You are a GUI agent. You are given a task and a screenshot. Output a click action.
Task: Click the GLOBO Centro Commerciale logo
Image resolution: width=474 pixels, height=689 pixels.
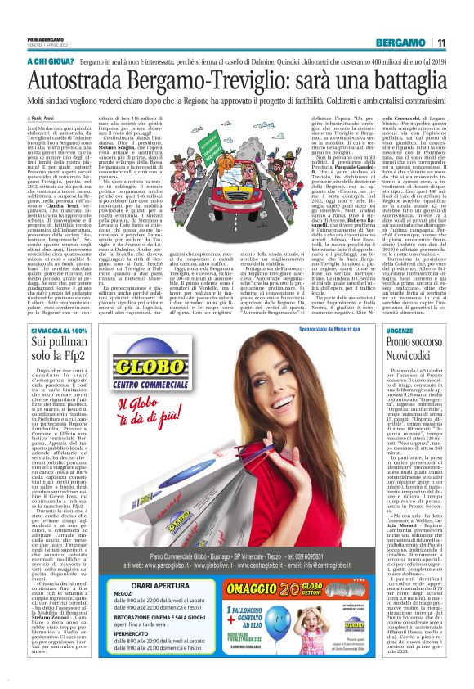point(147,384)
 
